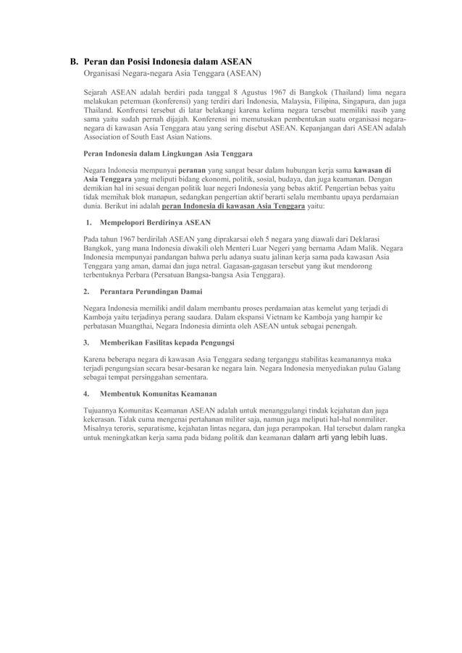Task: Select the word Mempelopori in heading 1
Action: pos(128,222)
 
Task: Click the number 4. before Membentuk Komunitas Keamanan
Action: pos(86,394)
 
